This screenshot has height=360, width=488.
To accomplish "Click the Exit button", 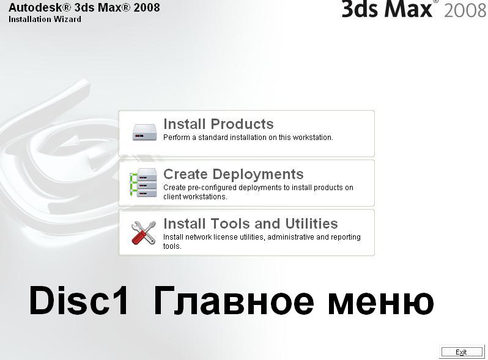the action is (x=462, y=352).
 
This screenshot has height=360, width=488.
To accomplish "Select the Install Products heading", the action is (x=218, y=124).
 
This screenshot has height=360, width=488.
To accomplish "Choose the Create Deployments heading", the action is (x=234, y=174).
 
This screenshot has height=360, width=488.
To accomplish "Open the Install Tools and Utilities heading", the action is (x=251, y=224).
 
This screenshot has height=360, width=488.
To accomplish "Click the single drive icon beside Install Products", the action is (x=144, y=132).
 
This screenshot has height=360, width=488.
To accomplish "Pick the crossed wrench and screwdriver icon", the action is (x=144, y=232).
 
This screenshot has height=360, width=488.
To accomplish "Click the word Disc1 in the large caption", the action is (x=78, y=301).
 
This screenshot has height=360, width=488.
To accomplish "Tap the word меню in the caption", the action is (x=381, y=303).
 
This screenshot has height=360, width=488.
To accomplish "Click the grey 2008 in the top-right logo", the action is (x=465, y=10).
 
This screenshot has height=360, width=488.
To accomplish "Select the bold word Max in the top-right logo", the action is (x=409, y=9).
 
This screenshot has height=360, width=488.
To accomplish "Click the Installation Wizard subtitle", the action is (x=45, y=20).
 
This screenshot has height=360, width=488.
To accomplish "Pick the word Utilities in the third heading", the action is (x=311, y=224).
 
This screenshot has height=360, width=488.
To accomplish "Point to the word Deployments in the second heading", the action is (x=258, y=174).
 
